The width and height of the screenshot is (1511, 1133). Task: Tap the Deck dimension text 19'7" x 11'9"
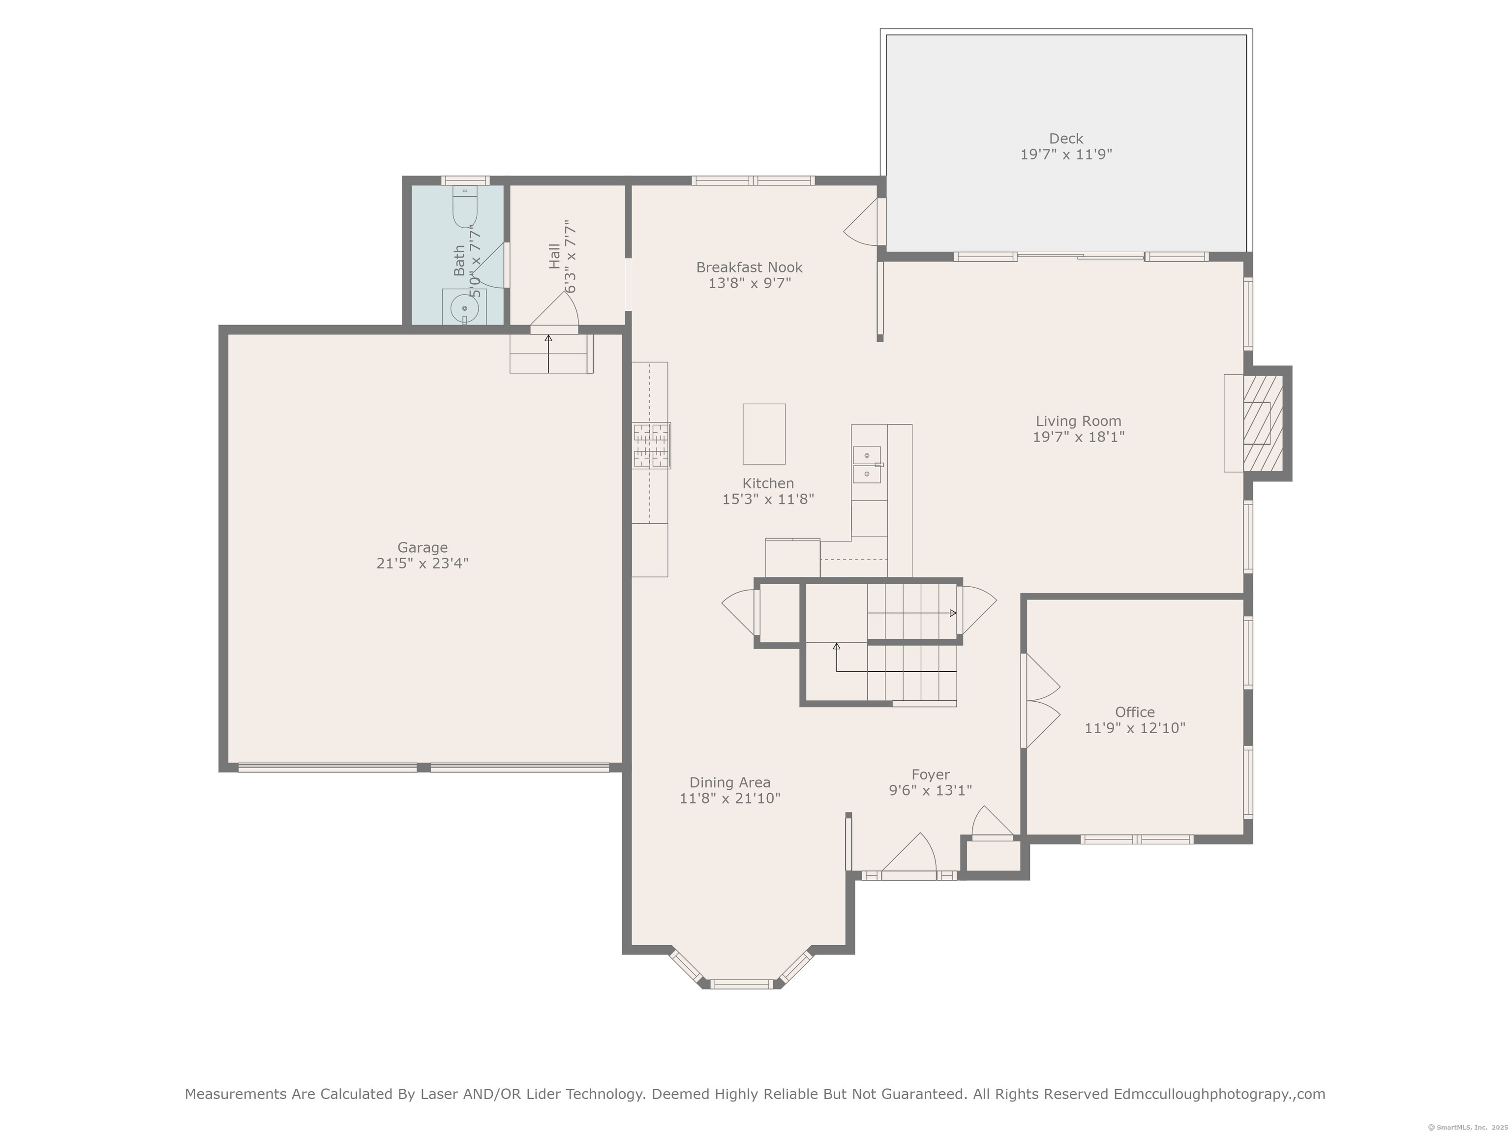pos(1066,154)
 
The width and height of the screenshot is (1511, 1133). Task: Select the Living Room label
pos(1078,421)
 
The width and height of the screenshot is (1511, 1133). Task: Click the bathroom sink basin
pos(464,309)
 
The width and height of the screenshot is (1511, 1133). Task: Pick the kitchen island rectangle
pos(764,434)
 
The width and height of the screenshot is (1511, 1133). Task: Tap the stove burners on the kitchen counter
pos(651,445)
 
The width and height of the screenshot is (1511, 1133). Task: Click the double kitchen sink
pos(867,464)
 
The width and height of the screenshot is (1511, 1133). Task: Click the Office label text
pos(1135,713)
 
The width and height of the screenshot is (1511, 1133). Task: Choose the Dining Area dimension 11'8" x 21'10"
pos(729,798)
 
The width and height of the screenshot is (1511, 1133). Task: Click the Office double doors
pos(1041,701)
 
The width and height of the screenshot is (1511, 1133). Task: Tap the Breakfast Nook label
pos(750,268)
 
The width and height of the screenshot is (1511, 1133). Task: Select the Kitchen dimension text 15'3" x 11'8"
pos(768,499)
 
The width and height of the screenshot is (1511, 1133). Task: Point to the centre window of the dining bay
pos(741,984)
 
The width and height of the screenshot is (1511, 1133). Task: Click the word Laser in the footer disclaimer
pos(439,1094)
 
